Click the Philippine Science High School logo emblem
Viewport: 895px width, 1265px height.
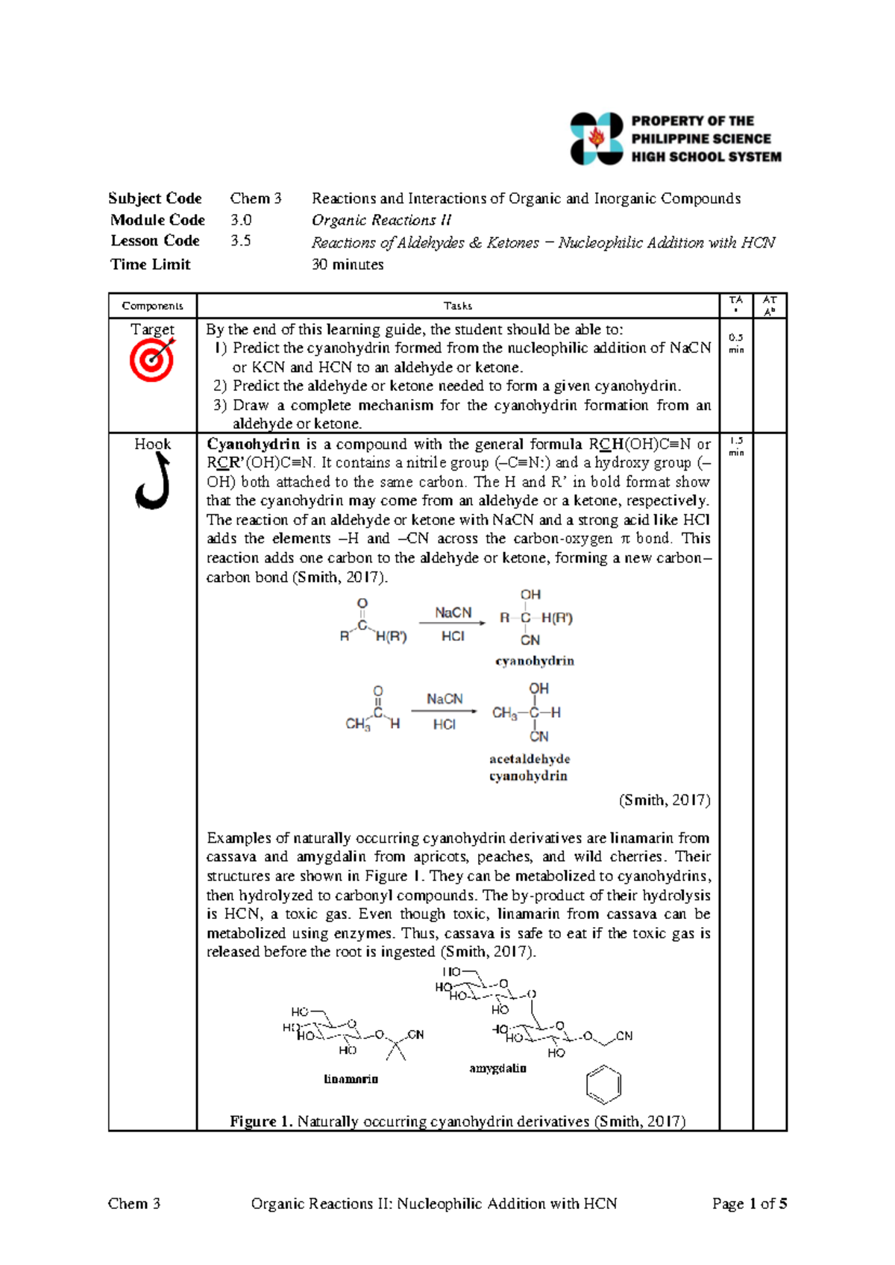[596, 139]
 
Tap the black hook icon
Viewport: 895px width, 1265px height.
[152, 483]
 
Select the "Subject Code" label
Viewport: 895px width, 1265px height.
[155, 198]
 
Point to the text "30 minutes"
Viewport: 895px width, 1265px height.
[348, 265]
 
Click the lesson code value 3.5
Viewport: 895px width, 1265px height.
[240, 241]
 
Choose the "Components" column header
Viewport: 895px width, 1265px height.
[152, 306]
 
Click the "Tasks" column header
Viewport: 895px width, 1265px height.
[457, 306]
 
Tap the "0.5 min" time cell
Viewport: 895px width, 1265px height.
[735, 343]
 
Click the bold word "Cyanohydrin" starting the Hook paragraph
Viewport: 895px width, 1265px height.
[253, 445]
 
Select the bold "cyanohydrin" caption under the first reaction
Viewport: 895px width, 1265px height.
[535, 661]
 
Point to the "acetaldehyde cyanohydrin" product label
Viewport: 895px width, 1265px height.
[529, 768]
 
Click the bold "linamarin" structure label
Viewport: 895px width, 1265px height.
[351, 1079]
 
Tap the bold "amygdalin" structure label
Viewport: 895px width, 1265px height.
[497, 1068]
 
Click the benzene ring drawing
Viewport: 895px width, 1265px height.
[603, 1085]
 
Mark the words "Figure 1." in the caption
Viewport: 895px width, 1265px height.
[261, 1122]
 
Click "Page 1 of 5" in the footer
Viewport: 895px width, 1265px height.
[749, 1204]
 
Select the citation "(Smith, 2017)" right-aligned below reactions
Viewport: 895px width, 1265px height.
[664, 800]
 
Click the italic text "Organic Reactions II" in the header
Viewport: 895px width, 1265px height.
[381, 220]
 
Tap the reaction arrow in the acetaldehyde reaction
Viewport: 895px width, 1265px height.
[444, 712]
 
